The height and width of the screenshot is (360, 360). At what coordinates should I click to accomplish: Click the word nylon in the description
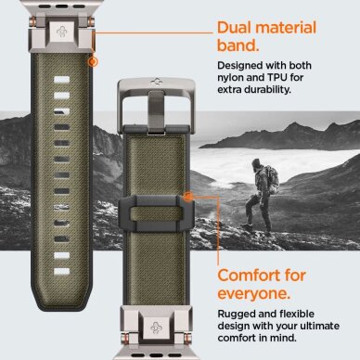point(232,79)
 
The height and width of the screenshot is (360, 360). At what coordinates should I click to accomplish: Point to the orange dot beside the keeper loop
point(189,198)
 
